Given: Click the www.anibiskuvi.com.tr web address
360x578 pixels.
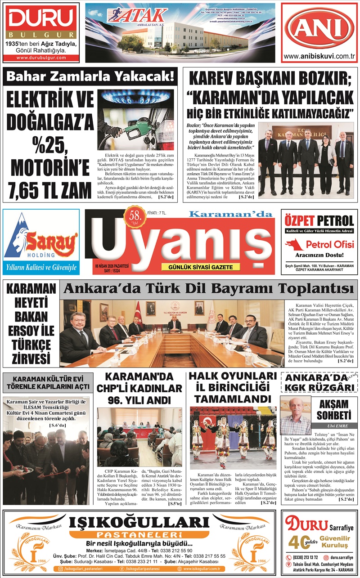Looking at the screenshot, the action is point(319,56).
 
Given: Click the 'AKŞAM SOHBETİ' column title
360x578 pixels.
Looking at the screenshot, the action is point(334,409).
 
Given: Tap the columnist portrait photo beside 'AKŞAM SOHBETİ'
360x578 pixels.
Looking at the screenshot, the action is point(296,416).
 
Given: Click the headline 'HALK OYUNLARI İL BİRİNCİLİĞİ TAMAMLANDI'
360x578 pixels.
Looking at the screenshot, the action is point(232,387).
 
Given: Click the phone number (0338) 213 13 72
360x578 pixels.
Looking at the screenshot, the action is point(306,557).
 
